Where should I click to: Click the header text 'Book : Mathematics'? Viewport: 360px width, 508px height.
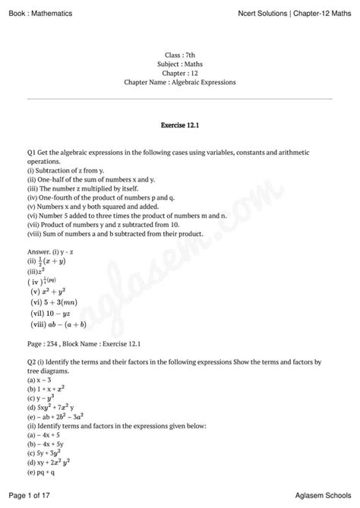tap(37, 8)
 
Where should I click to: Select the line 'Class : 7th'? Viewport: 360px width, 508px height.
tap(179, 55)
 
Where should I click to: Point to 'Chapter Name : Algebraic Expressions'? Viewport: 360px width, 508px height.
tap(179, 81)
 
